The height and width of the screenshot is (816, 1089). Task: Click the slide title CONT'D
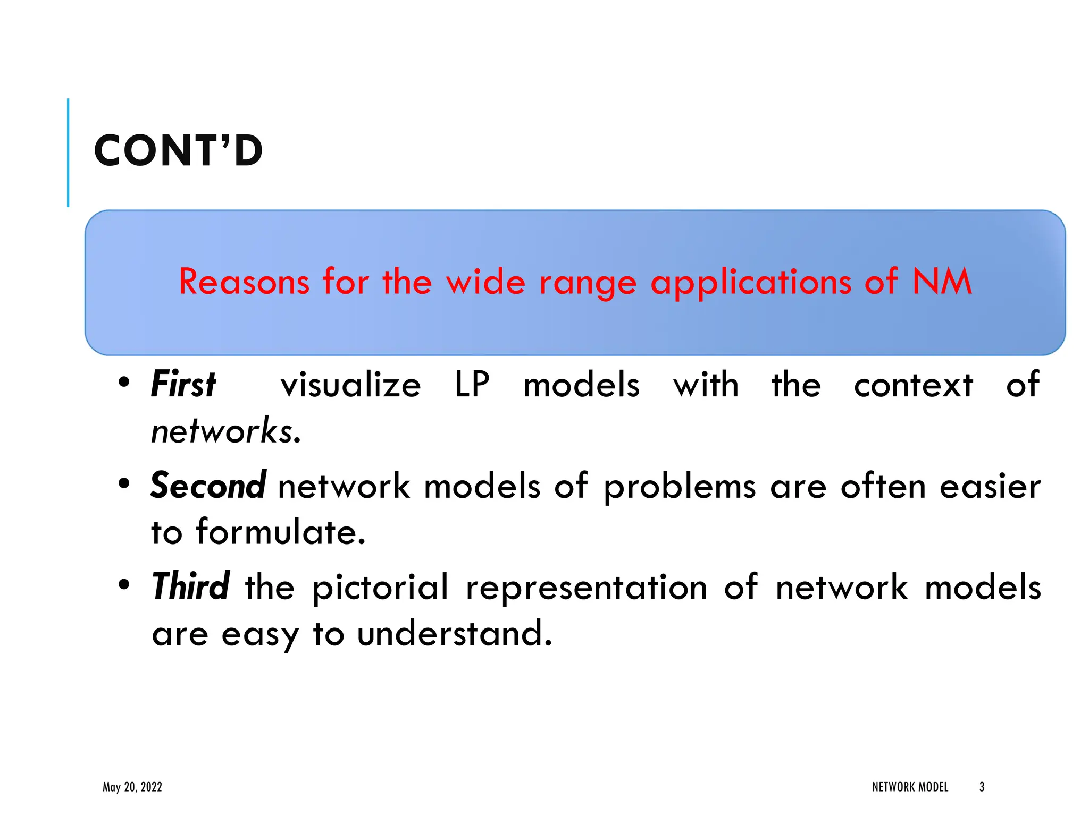click(x=178, y=151)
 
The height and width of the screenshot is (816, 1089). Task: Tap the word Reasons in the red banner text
click(x=244, y=282)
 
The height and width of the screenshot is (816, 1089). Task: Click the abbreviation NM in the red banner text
click(x=942, y=282)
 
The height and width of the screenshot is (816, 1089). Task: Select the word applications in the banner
click(x=751, y=283)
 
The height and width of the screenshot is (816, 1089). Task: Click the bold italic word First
click(x=183, y=385)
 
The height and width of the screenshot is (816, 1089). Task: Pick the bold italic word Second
click(x=208, y=486)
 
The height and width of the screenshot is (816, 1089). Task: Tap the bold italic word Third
click(x=190, y=586)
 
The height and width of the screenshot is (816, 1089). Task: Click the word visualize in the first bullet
click(x=350, y=385)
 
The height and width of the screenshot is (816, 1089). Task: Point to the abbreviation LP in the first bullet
click(x=472, y=385)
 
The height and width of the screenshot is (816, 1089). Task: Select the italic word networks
click(x=226, y=431)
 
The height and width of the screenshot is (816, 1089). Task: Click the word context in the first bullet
click(x=913, y=385)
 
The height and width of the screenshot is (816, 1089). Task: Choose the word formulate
click(x=281, y=532)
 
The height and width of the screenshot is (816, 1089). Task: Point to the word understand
click(x=455, y=633)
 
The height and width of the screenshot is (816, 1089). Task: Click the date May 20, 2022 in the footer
click(x=132, y=787)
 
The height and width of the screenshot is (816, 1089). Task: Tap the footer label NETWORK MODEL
click(x=910, y=787)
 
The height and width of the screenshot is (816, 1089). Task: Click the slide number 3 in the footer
click(x=982, y=787)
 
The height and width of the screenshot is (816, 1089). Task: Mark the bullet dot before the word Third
click(x=124, y=584)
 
